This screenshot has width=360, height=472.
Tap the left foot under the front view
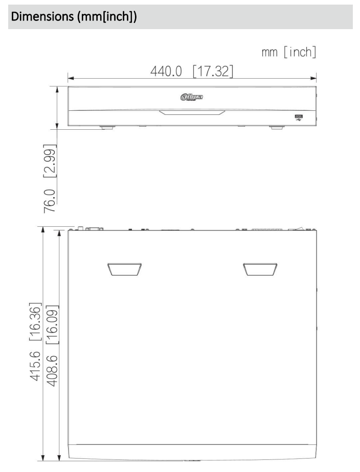pyautogui.click(x=107, y=127)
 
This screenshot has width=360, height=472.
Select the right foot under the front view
pyautogui.click(x=277, y=127)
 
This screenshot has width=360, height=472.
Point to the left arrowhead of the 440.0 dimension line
pyautogui.click(x=71, y=79)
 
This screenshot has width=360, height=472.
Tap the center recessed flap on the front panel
pyautogui.click(x=191, y=113)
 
